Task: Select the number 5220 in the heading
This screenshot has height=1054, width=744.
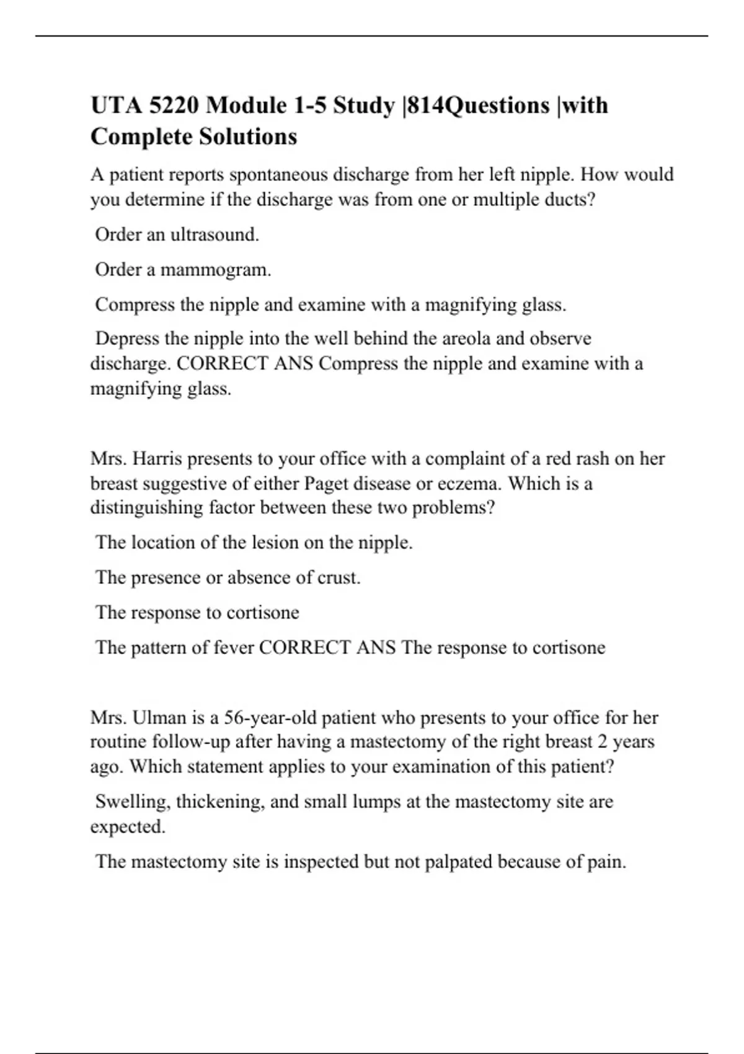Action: pos(174,105)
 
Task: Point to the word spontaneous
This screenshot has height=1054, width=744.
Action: pos(280,175)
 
